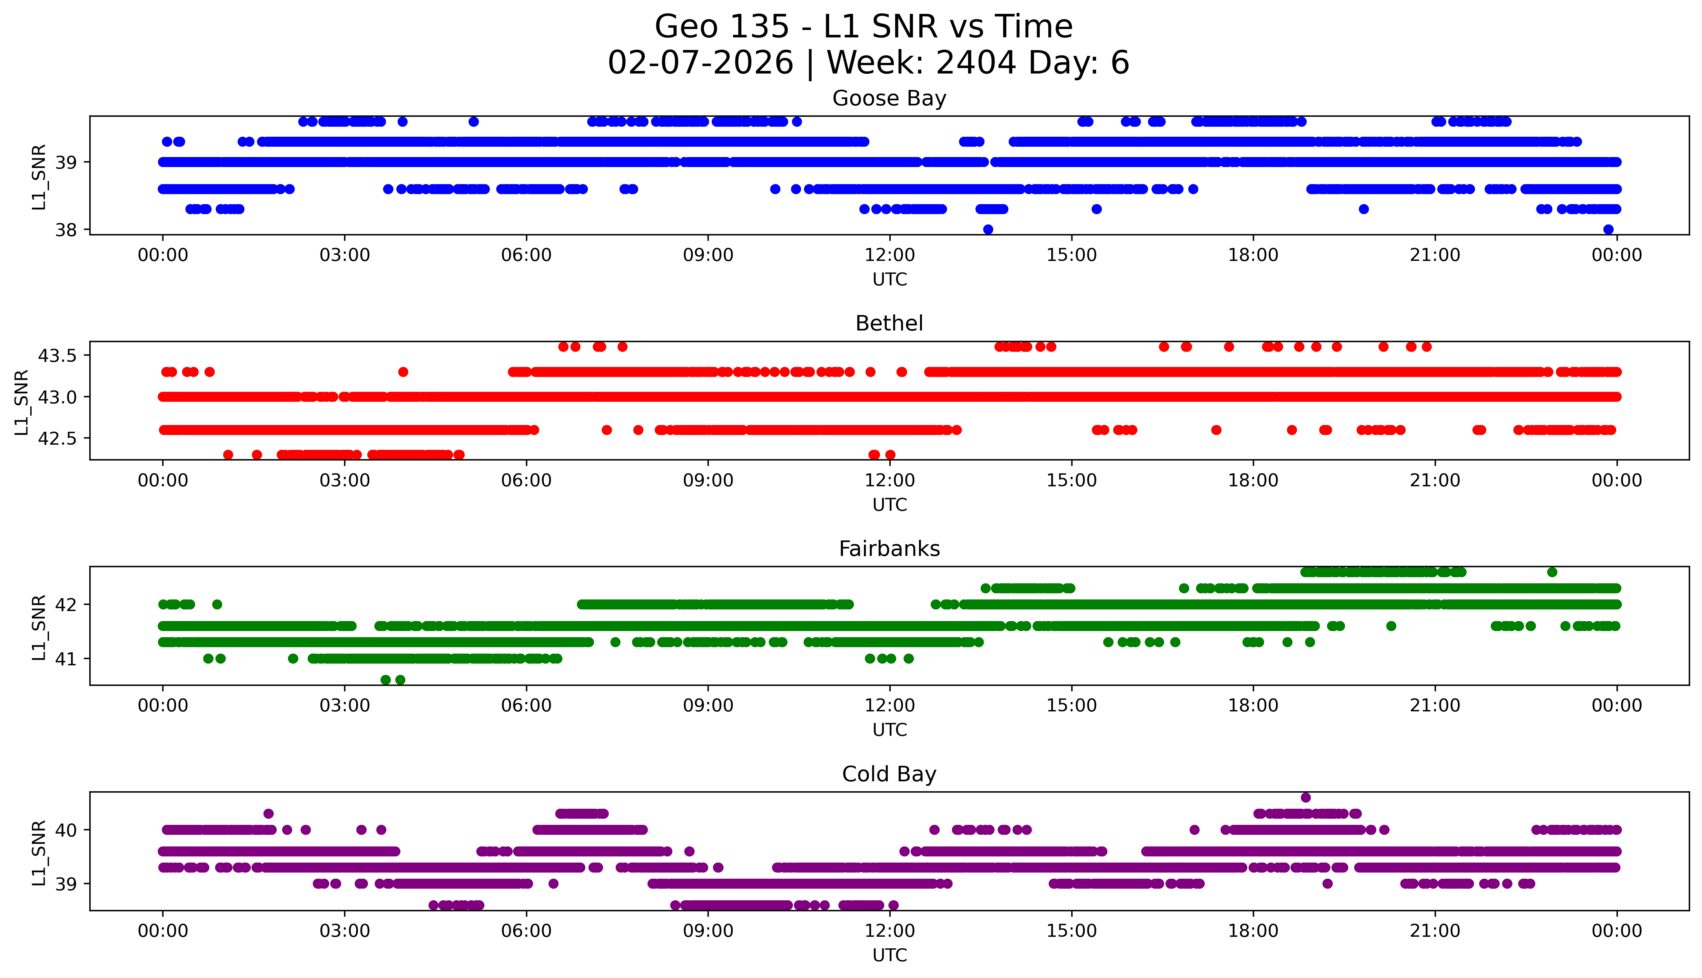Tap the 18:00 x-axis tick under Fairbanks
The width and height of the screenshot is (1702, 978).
pos(1253,705)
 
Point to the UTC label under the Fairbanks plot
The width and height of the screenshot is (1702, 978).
pos(889,729)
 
